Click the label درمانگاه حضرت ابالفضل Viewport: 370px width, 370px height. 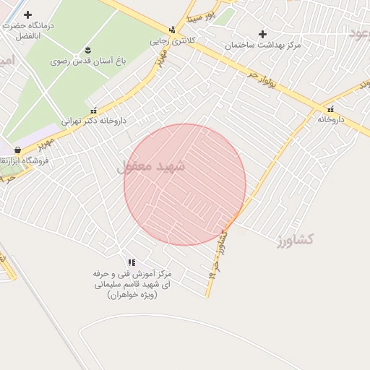click(33, 30)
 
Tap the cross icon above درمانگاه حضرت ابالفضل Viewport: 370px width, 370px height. click(27, 14)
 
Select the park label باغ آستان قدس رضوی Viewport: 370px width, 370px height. click(83, 61)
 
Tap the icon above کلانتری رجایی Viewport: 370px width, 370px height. click(172, 30)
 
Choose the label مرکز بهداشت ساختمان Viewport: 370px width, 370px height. click(262, 45)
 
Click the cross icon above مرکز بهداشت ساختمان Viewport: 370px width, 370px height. click(262, 34)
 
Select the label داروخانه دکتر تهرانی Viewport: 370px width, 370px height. click(89, 121)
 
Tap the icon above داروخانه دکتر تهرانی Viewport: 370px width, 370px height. click(93, 111)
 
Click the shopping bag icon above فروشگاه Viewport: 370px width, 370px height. click(17, 150)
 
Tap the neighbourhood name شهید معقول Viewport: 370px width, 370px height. click(151, 166)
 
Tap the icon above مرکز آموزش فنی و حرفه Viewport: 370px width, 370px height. click(131, 263)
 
